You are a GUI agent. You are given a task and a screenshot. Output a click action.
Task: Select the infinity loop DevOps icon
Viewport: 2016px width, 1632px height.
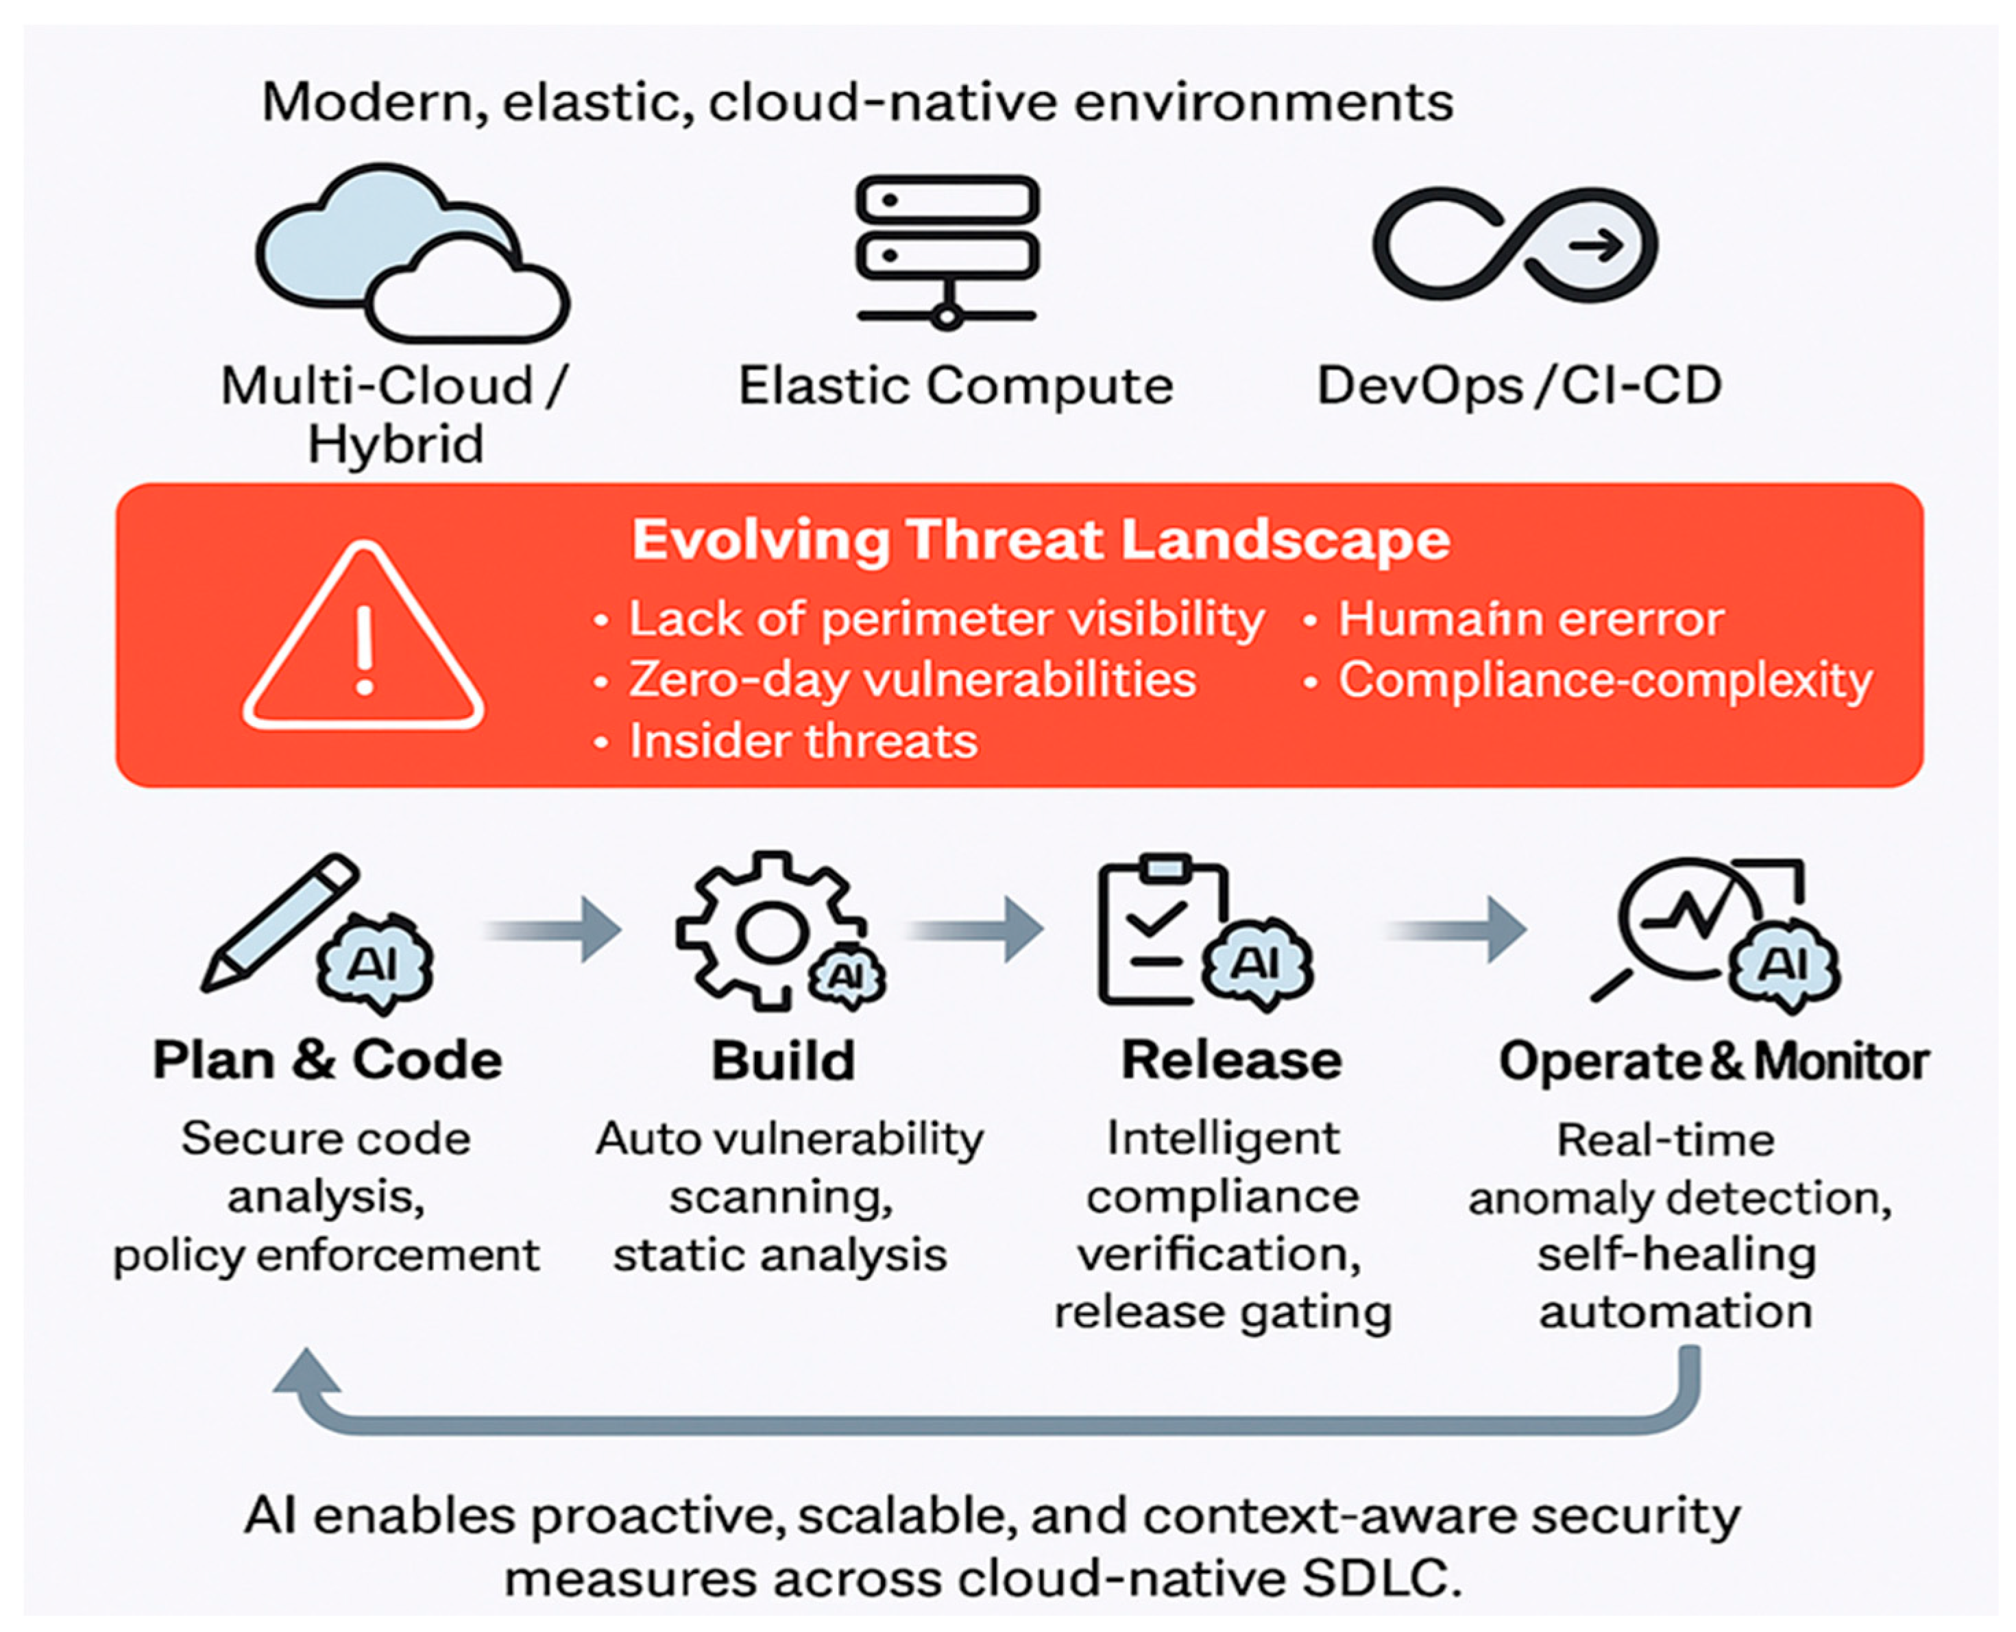click(1515, 244)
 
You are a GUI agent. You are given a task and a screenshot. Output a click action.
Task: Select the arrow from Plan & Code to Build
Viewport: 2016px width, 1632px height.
click(554, 929)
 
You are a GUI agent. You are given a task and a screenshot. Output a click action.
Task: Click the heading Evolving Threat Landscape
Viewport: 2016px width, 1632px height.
click(1041, 540)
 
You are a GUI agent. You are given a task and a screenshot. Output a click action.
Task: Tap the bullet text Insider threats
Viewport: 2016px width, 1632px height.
click(803, 741)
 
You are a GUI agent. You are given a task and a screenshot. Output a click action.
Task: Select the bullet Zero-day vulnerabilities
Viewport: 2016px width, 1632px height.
click(912, 680)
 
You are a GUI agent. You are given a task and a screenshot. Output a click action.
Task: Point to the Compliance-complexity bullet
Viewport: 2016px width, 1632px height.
click(1604, 680)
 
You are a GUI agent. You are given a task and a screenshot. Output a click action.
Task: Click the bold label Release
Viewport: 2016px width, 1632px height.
click(1231, 1060)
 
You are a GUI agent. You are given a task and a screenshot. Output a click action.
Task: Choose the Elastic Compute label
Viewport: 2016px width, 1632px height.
click(955, 385)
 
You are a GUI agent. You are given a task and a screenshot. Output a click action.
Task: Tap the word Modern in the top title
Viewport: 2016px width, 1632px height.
click(373, 101)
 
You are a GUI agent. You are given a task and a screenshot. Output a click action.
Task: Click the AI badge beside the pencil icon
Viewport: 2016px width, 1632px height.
click(375, 963)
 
